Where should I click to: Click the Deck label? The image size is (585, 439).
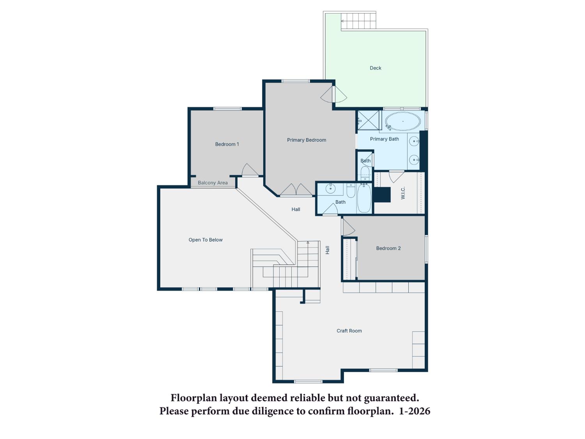point(375,68)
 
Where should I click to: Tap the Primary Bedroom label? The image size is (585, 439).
point(307,140)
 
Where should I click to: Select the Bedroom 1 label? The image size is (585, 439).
point(227,144)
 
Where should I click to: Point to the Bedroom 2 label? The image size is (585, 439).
point(388,248)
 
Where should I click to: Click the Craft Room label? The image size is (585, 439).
point(349,331)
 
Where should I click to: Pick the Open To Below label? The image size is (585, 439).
point(206,240)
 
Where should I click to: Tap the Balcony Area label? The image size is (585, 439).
point(213,183)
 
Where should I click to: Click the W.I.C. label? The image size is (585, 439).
point(403,193)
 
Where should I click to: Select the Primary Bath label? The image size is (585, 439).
point(384,139)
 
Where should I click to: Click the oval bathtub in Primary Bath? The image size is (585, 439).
point(403,121)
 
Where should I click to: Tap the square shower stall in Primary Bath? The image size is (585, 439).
point(368,120)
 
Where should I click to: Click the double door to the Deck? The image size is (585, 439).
point(333,94)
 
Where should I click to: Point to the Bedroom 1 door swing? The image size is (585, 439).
point(250,170)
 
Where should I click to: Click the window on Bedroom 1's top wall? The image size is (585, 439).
point(227,108)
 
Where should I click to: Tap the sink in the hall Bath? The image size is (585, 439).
point(330,188)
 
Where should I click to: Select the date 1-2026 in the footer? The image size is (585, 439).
point(415,411)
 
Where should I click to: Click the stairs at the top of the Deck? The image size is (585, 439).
point(358,21)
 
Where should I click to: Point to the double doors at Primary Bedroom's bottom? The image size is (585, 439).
point(296,190)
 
